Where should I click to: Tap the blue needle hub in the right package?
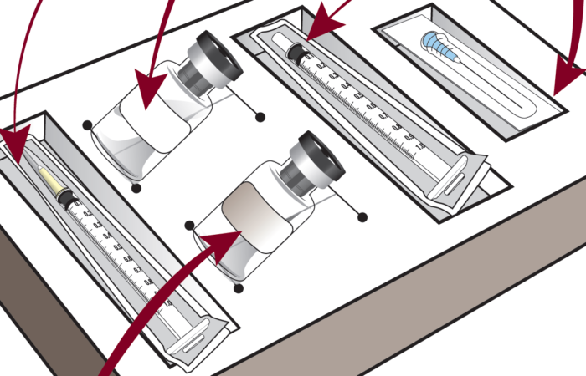pyautogui.click(x=433, y=40)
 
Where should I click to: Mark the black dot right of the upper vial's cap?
pyautogui.click(x=260, y=115)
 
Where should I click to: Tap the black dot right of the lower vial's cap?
pyautogui.click(x=362, y=217)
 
